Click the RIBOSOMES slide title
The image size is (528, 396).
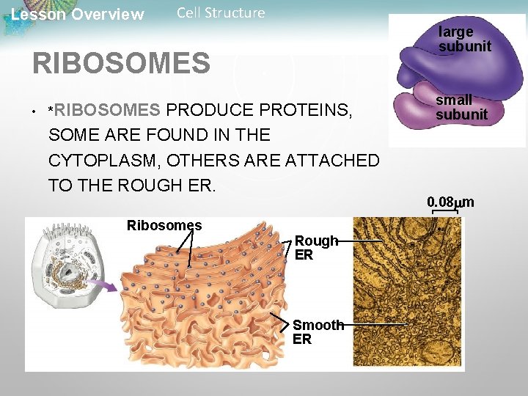coord(121,63)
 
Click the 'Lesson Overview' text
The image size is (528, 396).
coord(78,15)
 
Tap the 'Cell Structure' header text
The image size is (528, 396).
coord(221,12)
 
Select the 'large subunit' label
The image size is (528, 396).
coord(464,40)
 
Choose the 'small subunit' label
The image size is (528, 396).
coord(461,107)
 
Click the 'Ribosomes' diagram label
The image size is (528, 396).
coord(164,225)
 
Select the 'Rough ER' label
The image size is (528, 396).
coord(316,248)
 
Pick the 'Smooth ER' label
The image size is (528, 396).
coord(318,331)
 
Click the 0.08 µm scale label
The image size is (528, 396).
coord(450,202)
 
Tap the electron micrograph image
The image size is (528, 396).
coord(408,293)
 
